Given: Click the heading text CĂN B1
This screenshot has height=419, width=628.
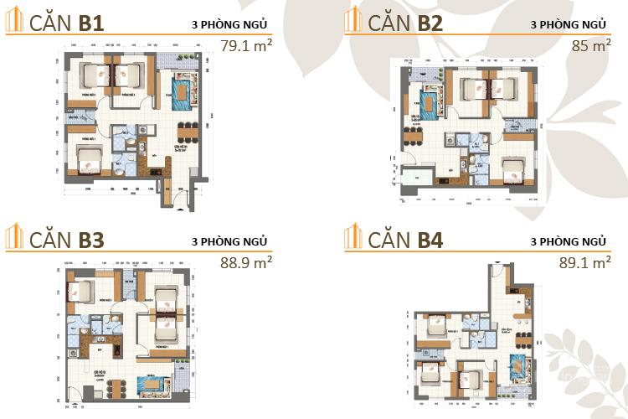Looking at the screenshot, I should [65, 23].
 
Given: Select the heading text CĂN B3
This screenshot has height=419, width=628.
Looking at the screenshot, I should [65, 240].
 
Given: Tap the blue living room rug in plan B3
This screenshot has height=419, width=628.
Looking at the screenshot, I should [152, 385].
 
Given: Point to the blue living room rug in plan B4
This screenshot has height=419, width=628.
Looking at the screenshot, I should [520, 369].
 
